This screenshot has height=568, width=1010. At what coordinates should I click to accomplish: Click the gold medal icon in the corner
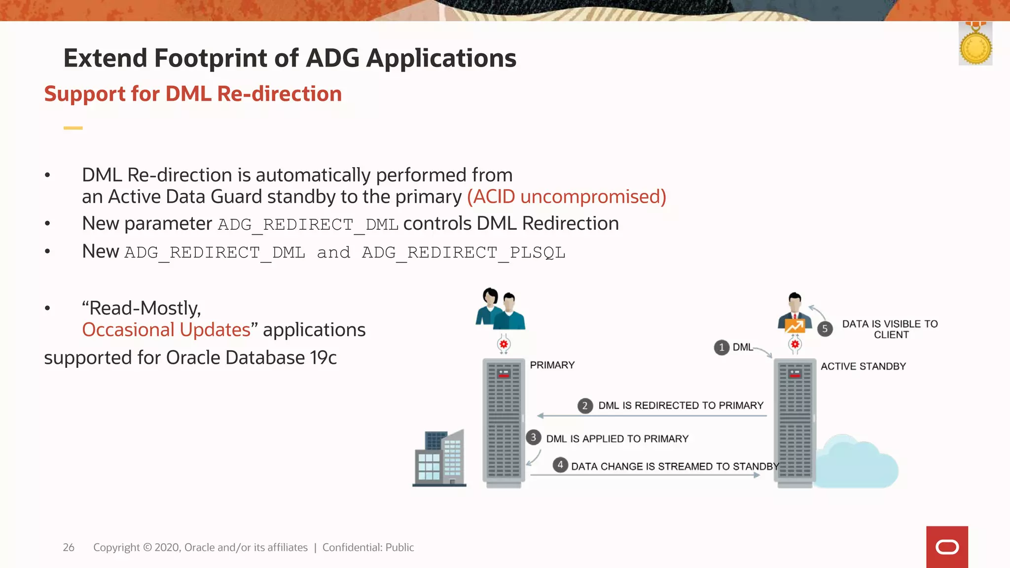tap(975, 47)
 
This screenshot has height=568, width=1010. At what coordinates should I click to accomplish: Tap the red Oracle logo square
tap(947, 547)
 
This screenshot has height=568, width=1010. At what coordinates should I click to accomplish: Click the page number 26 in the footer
tap(69, 547)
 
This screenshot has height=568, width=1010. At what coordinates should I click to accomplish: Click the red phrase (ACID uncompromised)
tap(567, 197)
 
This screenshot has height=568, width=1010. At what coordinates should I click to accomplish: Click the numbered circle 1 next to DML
tap(721, 348)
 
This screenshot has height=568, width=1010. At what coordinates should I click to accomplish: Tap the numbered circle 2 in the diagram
tap(585, 406)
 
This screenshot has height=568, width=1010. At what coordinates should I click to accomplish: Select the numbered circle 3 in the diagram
tap(533, 438)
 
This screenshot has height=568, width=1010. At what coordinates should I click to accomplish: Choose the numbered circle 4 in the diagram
tap(560, 465)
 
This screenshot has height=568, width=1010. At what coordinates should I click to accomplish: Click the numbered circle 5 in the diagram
tap(825, 329)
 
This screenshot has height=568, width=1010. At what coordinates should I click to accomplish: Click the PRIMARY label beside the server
tap(552, 365)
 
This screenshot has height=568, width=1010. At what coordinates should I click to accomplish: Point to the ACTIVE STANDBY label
tap(863, 366)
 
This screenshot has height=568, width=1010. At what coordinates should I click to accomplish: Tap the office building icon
tap(439, 459)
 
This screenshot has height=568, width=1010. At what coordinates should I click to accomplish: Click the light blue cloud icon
tap(857, 462)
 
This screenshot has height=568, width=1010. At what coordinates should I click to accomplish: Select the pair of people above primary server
tap(500, 309)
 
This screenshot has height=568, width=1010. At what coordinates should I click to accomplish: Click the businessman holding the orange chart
tap(794, 313)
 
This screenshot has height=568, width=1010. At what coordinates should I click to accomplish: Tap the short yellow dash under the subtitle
tap(73, 128)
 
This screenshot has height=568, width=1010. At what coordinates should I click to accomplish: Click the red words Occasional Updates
tap(166, 330)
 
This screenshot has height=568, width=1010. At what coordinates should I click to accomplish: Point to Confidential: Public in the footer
tap(368, 547)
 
